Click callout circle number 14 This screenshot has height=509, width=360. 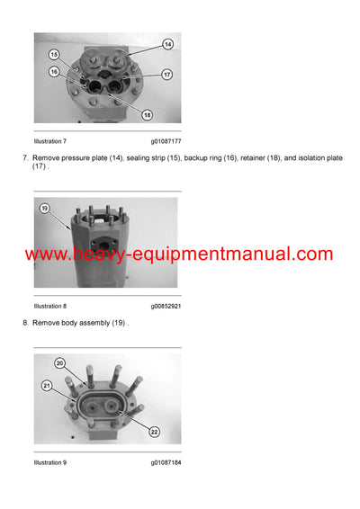pyautogui.click(x=167, y=44)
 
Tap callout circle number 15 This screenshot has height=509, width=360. pyautogui.click(x=54, y=55)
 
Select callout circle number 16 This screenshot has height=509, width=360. pyautogui.click(x=54, y=71)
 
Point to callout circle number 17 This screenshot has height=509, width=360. pyautogui.click(x=167, y=74)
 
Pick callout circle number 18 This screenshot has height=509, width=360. pyautogui.click(x=147, y=115)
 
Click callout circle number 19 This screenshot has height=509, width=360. pyautogui.click(x=44, y=209)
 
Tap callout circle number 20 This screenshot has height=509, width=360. pyautogui.click(x=60, y=363)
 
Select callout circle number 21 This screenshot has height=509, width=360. pyautogui.click(x=47, y=384)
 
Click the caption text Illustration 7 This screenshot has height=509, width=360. pyautogui.click(x=50, y=141)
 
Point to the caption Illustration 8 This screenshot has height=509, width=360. pyautogui.click(x=50, y=306)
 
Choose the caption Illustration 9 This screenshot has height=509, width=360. pyautogui.click(x=50, y=462)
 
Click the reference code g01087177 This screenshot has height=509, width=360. pyautogui.click(x=166, y=141)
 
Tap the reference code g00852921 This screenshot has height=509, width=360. pyautogui.click(x=166, y=306)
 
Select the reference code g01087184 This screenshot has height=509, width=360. pyautogui.click(x=166, y=462)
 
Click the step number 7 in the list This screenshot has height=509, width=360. pyautogui.click(x=24, y=157)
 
